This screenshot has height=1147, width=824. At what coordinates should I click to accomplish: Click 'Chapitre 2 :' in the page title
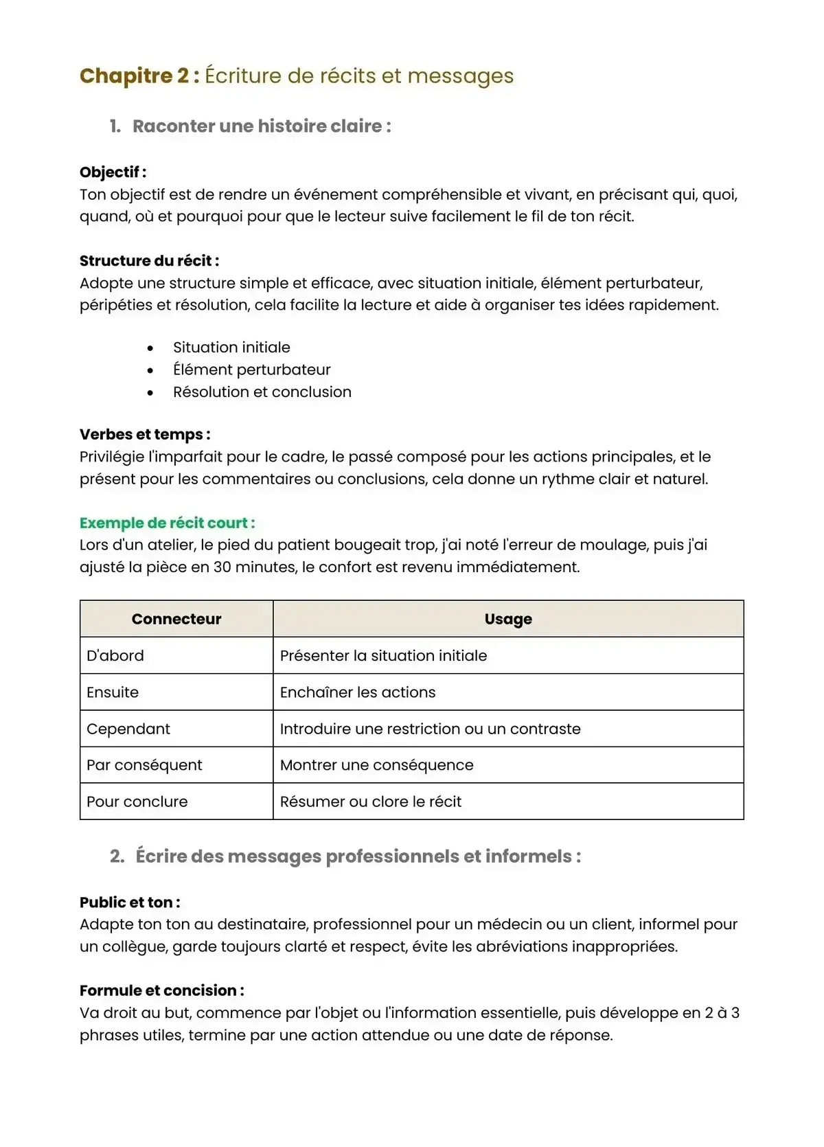pos(139,76)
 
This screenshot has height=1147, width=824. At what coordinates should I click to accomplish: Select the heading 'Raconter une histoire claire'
pos(261,126)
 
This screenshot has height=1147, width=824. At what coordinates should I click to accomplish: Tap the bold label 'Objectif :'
pos(113,172)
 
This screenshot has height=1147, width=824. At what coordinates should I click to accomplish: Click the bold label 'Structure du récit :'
pos(149,261)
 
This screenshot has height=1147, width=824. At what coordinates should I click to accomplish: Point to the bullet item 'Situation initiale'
pos(231,348)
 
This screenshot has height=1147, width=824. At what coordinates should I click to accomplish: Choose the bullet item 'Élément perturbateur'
pos(251,370)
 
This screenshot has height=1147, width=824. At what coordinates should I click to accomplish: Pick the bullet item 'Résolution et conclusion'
pos(262,392)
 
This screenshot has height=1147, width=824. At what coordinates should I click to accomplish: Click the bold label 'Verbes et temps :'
pos(145,435)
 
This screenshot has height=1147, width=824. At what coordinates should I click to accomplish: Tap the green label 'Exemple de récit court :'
pos(167,523)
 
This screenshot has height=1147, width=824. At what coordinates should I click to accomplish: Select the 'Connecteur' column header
pos(176,620)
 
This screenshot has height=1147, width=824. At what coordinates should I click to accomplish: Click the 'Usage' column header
pos(508,620)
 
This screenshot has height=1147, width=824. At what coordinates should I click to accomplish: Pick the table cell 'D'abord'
pos(115,656)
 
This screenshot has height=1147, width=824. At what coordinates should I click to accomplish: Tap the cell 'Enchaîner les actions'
pos(357,692)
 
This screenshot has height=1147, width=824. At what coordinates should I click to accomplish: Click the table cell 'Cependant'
pos(128,729)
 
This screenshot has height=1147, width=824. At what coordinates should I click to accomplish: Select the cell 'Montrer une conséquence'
pos(376,765)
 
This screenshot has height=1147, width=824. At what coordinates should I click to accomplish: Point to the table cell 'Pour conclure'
pos(137,802)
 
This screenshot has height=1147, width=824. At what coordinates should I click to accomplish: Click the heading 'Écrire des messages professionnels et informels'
pos(358,856)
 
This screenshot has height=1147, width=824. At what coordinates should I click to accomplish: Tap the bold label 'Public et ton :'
pos(130,902)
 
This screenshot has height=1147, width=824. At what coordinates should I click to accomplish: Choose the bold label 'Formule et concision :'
pos(161,990)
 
